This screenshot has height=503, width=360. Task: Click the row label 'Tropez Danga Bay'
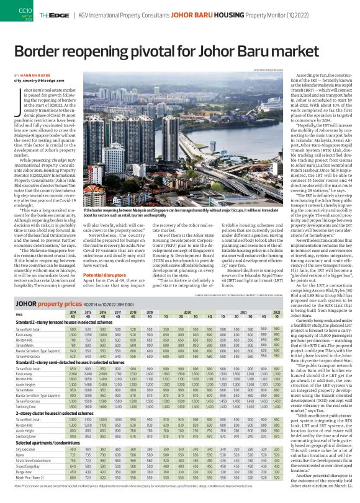(x=28, y=468)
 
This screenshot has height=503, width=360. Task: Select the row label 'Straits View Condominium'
(x=33, y=462)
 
